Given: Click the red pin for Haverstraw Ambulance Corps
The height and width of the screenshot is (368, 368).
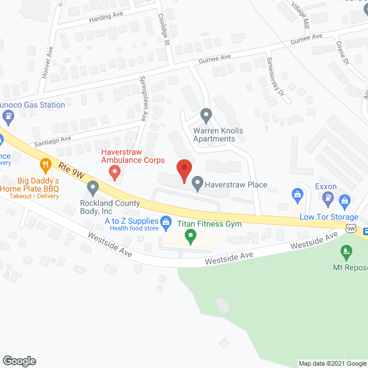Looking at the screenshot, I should pos(114,171).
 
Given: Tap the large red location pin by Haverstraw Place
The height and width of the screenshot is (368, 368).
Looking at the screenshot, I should pos(184,169).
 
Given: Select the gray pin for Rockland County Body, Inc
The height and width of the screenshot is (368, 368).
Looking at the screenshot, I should pos(93,188).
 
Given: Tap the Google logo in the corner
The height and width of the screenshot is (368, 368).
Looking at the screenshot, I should pos(18,361).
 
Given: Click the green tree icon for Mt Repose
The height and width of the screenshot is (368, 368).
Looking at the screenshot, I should pos(346,251).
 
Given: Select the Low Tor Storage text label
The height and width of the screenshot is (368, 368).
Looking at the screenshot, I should pos(329,217).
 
